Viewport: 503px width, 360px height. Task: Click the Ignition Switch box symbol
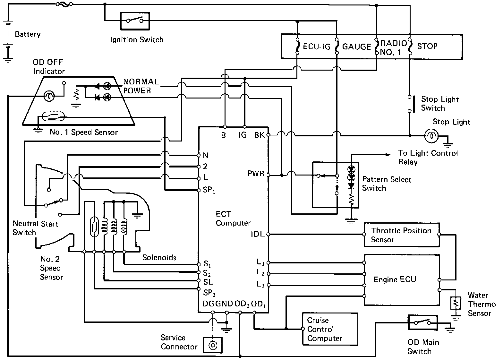(x=135, y=21)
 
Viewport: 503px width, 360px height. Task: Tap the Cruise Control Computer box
(x=330, y=329)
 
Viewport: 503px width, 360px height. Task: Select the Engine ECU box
(x=402, y=280)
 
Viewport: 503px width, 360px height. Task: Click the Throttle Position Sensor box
(x=402, y=235)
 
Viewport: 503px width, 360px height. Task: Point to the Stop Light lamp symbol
(x=431, y=136)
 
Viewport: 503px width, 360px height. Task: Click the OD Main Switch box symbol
(x=422, y=323)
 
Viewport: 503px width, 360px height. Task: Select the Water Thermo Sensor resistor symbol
(x=456, y=303)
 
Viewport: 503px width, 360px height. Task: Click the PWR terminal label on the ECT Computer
(x=256, y=174)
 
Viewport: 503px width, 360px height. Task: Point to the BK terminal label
(x=259, y=135)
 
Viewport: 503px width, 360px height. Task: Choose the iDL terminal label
(x=258, y=234)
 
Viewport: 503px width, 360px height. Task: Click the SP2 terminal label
(x=209, y=293)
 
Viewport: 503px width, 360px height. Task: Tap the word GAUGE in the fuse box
(x=356, y=47)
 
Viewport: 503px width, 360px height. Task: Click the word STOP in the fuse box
(x=427, y=46)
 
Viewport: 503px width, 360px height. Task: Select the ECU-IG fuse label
(x=317, y=47)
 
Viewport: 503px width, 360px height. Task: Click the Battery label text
(x=28, y=34)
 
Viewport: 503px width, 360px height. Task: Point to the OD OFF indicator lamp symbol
(x=49, y=96)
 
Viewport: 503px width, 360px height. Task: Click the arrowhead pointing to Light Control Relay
(x=388, y=155)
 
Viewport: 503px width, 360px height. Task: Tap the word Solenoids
(x=159, y=258)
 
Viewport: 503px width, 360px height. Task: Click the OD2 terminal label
(x=242, y=304)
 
